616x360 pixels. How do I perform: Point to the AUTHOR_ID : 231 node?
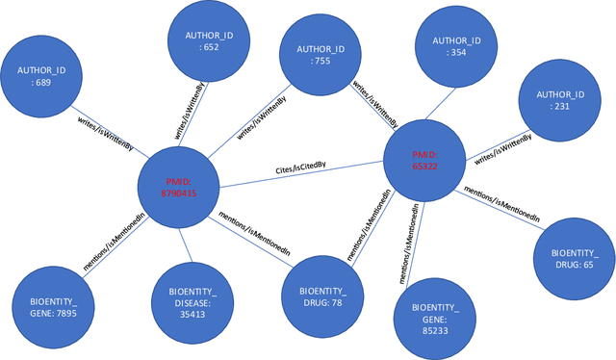(x=560, y=100)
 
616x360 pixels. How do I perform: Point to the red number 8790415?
(x=178, y=193)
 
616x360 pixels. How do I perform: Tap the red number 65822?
(x=424, y=167)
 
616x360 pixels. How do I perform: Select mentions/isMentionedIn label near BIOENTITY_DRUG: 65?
(x=500, y=205)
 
